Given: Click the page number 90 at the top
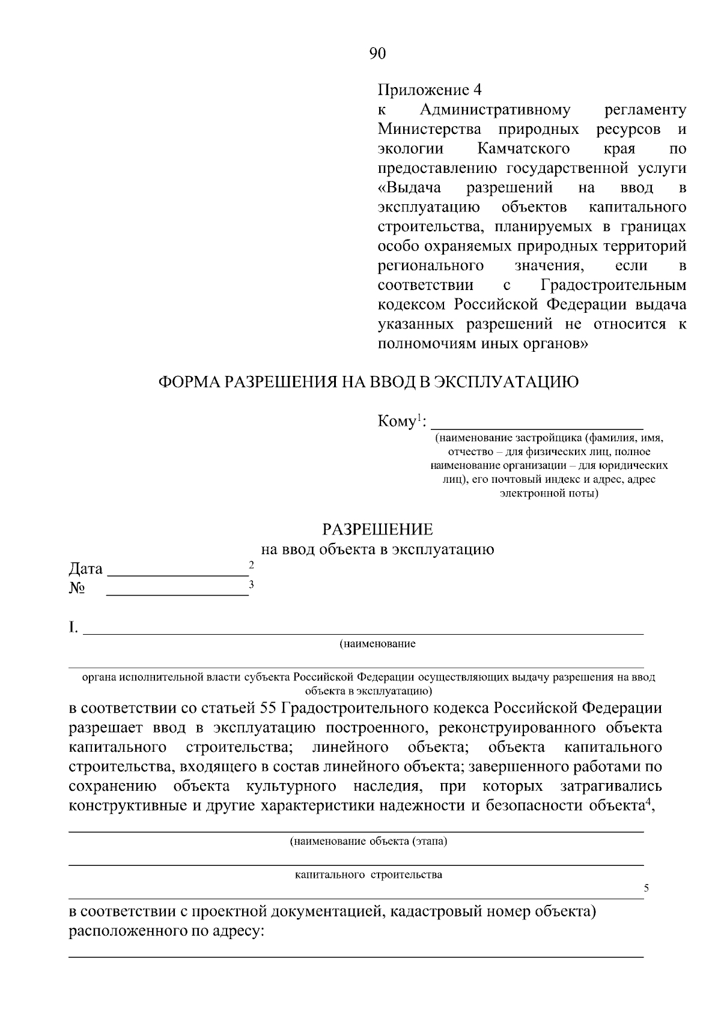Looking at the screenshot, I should point(377,53).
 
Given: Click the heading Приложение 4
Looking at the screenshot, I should point(430,90).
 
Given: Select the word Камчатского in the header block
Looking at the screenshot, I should point(523,148).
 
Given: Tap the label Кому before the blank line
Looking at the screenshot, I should point(397,422).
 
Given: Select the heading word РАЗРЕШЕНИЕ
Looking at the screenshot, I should point(377,530).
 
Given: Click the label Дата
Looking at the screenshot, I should point(85,569).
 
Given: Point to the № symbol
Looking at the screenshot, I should point(77,588).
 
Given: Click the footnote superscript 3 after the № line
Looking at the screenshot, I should point(251,584).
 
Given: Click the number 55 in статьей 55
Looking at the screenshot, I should point(266,708).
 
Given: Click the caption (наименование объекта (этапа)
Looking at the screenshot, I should point(368,841).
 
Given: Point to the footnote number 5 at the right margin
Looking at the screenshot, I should point(646,888).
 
